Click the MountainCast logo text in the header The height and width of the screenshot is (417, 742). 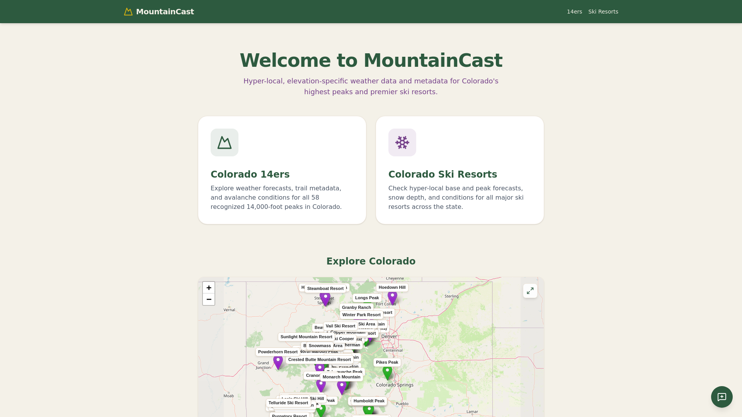[165, 12]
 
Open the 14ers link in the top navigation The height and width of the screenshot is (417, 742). [574, 12]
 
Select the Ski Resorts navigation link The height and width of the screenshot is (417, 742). [603, 12]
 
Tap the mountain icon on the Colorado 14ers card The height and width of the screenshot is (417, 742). [225, 142]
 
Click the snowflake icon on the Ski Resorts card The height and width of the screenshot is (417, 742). [402, 142]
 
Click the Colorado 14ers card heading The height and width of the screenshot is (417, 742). [250, 175]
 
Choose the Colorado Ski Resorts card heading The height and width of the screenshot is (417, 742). [442, 175]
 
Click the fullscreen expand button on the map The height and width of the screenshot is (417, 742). [530, 291]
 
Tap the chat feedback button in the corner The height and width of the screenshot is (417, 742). [722, 397]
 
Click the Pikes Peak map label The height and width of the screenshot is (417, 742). [387, 362]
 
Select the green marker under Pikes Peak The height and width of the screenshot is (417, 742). [387, 372]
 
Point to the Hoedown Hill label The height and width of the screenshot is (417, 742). [392, 287]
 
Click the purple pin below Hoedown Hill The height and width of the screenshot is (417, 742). [392, 297]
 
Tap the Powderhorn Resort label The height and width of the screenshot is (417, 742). [277, 352]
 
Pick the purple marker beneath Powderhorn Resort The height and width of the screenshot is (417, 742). [278, 362]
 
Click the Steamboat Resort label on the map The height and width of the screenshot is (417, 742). [325, 288]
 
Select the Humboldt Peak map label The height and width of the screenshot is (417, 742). [369, 401]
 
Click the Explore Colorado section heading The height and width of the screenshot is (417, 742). [371, 261]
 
